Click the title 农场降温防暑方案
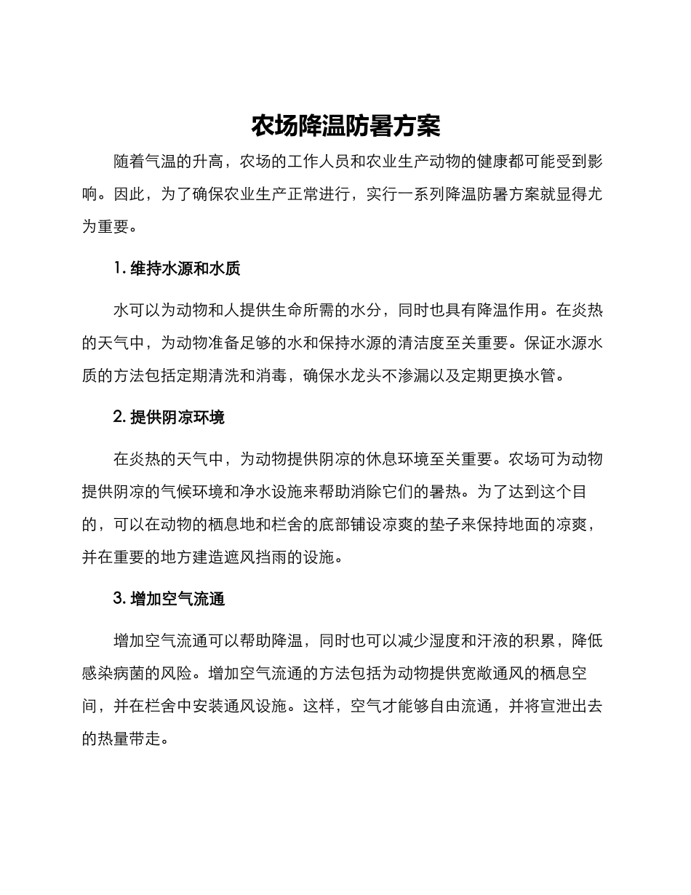click(345, 126)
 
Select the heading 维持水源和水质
click(185, 268)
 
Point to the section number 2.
click(119, 417)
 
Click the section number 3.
click(119, 599)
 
